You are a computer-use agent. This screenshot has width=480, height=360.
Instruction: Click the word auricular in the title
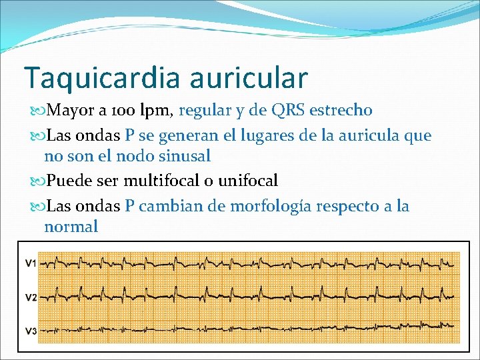(x=248, y=77)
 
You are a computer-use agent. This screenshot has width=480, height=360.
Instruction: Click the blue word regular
(x=204, y=109)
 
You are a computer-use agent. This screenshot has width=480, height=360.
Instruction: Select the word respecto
(x=349, y=206)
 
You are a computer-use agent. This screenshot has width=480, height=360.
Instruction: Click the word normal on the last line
(x=71, y=226)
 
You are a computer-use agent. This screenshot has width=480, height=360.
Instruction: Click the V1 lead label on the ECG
(x=31, y=263)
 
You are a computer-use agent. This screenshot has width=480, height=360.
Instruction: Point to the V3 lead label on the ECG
(x=31, y=331)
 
